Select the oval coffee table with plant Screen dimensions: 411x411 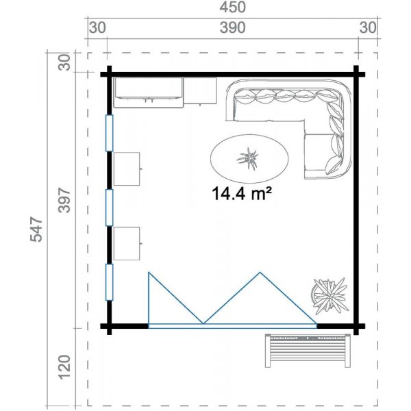point(247,159)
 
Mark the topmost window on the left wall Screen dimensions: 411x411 point(109,133)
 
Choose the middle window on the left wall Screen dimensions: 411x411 point(109,207)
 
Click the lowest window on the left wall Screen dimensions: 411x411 point(109,282)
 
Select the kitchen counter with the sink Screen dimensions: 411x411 point(148,92)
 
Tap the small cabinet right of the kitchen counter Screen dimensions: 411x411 point(201,92)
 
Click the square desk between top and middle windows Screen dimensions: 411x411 point(127,169)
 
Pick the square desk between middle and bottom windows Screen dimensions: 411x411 point(127,243)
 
